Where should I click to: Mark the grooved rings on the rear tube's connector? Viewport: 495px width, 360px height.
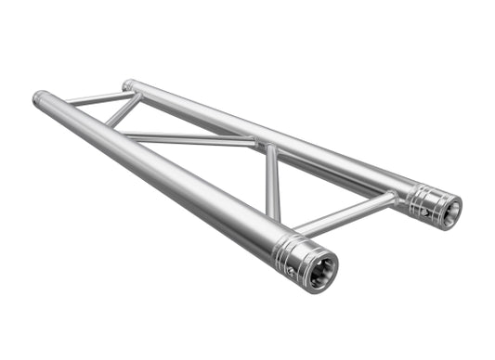pyautogui.click(x=423, y=198)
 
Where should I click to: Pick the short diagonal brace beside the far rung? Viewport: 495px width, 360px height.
pyautogui.click(x=124, y=111)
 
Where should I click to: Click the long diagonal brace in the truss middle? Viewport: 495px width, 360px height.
pyautogui.click(x=190, y=139)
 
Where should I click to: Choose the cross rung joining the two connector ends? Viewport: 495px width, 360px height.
pyautogui.click(x=344, y=212)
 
